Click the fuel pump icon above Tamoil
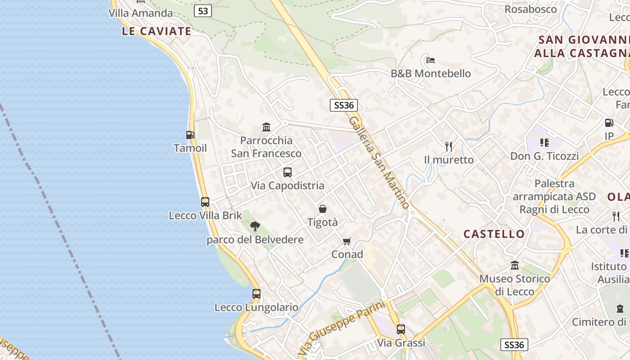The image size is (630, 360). [190, 135]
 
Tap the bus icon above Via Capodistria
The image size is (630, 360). [287, 172]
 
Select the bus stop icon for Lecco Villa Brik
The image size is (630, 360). [205, 202]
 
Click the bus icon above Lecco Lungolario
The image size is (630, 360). [256, 294]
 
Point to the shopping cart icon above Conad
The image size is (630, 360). [346, 242]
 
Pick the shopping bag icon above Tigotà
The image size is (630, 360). [322, 209]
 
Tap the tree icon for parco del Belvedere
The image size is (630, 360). [255, 226]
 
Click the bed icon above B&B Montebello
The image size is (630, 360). [430, 60]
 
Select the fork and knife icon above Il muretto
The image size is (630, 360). [448, 146]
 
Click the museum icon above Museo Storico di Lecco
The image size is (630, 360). [514, 265]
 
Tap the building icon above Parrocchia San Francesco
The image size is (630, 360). [266, 127]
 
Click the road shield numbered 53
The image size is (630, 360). [203, 11]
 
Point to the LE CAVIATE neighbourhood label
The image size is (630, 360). [157, 31]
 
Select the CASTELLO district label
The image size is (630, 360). [494, 234]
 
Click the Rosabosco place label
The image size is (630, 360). [531, 9]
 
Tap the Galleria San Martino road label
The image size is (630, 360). [379, 162]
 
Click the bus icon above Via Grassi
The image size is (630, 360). [400, 329]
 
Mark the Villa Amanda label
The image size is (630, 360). [140, 13]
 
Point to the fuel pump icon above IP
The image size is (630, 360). [609, 122]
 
